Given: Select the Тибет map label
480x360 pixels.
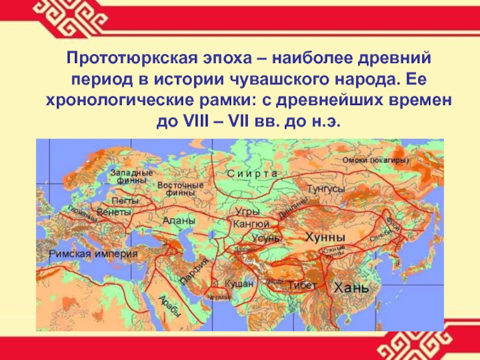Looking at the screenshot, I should (x=302, y=284).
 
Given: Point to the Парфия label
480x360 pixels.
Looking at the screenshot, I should (x=196, y=270).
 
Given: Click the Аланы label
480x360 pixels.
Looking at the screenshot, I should (x=179, y=221).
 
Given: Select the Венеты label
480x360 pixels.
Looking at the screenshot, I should (x=113, y=213).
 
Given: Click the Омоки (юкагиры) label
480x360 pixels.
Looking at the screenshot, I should (x=376, y=160).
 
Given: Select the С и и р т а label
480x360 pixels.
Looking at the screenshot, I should (x=252, y=173).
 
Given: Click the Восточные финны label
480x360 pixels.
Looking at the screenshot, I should (x=181, y=189).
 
